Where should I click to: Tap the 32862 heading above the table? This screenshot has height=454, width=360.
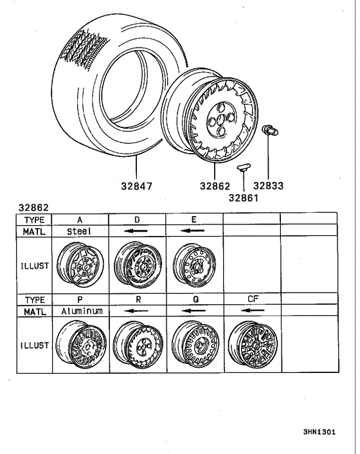click(x=34, y=208)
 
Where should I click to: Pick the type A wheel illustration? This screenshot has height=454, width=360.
click(x=80, y=264)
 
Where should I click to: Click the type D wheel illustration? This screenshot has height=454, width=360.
click(x=136, y=264)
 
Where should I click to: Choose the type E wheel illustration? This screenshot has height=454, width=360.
click(x=193, y=264)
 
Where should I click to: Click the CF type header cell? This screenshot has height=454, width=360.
click(x=251, y=299)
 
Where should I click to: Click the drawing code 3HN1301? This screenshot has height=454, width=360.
click(x=319, y=432)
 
